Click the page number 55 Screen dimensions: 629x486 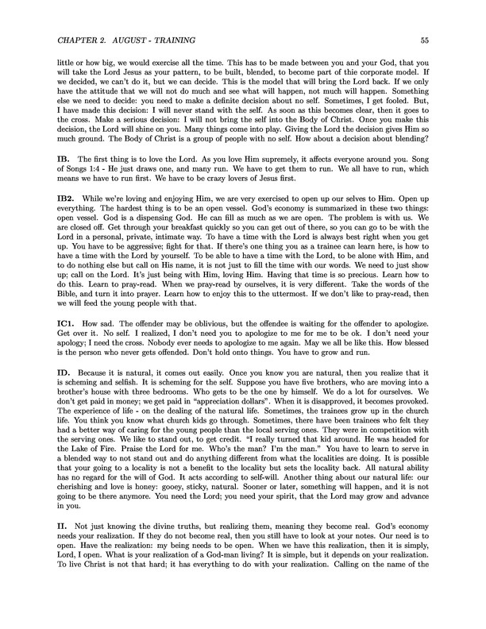click(425, 39)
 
